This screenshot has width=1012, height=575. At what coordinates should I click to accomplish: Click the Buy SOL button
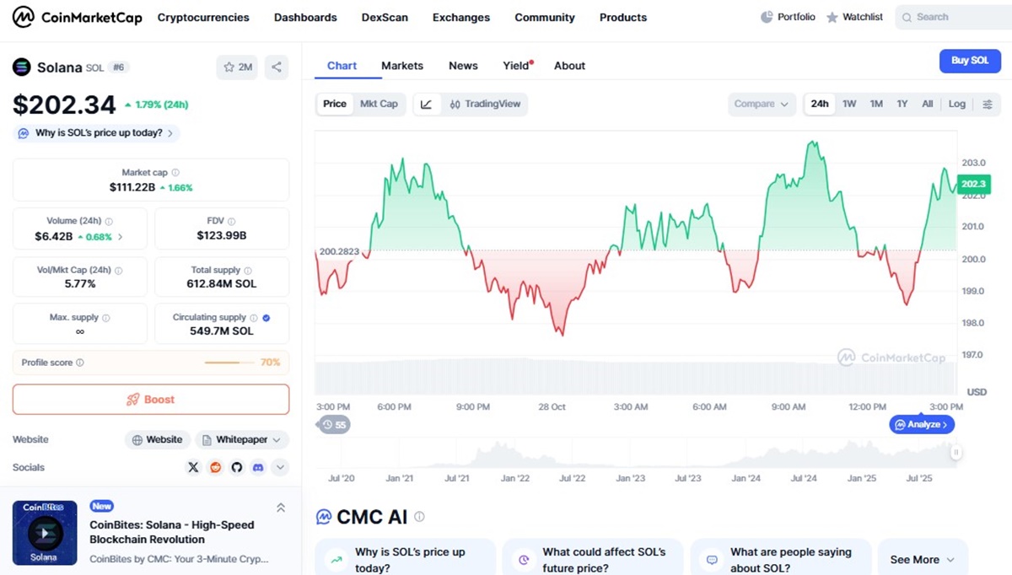click(x=970, y=61)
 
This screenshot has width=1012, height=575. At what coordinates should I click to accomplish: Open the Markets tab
click(x=402, y=66)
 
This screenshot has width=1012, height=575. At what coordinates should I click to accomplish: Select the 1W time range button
click(x=849, y=104)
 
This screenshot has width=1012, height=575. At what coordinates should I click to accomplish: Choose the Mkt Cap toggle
click(x=379, y=104)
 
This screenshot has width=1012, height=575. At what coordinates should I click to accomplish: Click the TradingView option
click(x=485, y=104)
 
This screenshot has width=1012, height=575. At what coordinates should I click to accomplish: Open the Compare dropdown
click(x=762, y=104)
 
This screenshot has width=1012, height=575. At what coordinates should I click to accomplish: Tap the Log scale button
click(x=956, y=104)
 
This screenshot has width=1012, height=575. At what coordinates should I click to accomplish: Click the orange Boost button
click(x=151, y=400)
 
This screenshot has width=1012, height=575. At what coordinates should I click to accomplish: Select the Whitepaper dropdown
click(x=242, y=439)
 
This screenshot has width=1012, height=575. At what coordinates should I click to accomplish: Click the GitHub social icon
click(x=236, y=467)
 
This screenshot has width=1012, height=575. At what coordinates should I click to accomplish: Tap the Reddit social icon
click(x=216, y=467)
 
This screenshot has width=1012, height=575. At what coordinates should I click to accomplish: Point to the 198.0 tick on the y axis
click(x=972, y=323)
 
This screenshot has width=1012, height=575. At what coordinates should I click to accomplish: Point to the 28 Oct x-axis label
click(x=552, y=406)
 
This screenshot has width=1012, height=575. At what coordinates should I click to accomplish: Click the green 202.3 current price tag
click(x=973, y=184)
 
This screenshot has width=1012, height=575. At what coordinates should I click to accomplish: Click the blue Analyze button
click(x=922, y=425)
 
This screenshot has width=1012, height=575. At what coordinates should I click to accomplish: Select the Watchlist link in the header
click(x=854, y=17)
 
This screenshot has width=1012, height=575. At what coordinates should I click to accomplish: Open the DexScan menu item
click(x=385, y=17)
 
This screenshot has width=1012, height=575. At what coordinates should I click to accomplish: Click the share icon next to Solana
click(x=277, y=67)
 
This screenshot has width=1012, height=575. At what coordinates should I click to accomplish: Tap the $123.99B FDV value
click(x=221, y=235)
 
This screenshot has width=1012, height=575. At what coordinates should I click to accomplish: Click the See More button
click(x=922, y=559)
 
